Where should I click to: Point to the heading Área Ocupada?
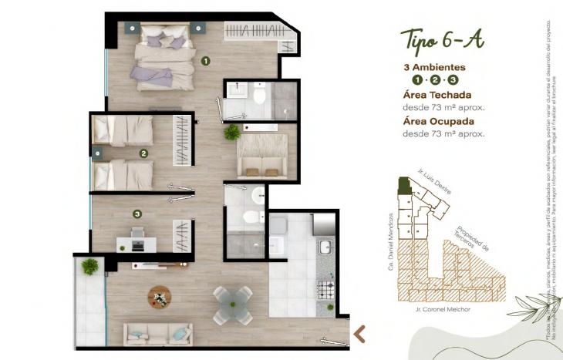(x=439, y=121)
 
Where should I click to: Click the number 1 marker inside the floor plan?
(x=205, y=59)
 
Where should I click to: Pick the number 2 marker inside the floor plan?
(x=143, y=153)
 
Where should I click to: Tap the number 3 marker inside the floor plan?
(x=137, y=214)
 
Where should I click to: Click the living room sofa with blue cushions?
(x=157, y=333)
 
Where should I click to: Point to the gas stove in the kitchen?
(x=325, y=291)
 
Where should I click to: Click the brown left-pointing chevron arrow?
(x=359, y=333)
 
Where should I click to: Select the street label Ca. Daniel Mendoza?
(x=391, y=241)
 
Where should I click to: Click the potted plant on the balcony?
(x=90, y=267)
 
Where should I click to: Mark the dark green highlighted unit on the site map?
(x=402, y=184)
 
